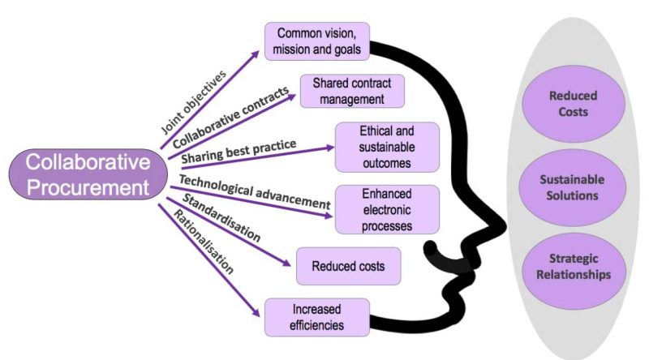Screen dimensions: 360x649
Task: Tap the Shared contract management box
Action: [351, 92]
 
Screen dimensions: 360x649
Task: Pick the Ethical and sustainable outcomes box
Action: [386, 147]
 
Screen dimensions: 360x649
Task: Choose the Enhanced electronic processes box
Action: [386, 209]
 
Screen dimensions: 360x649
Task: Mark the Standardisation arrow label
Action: [220, 217]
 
